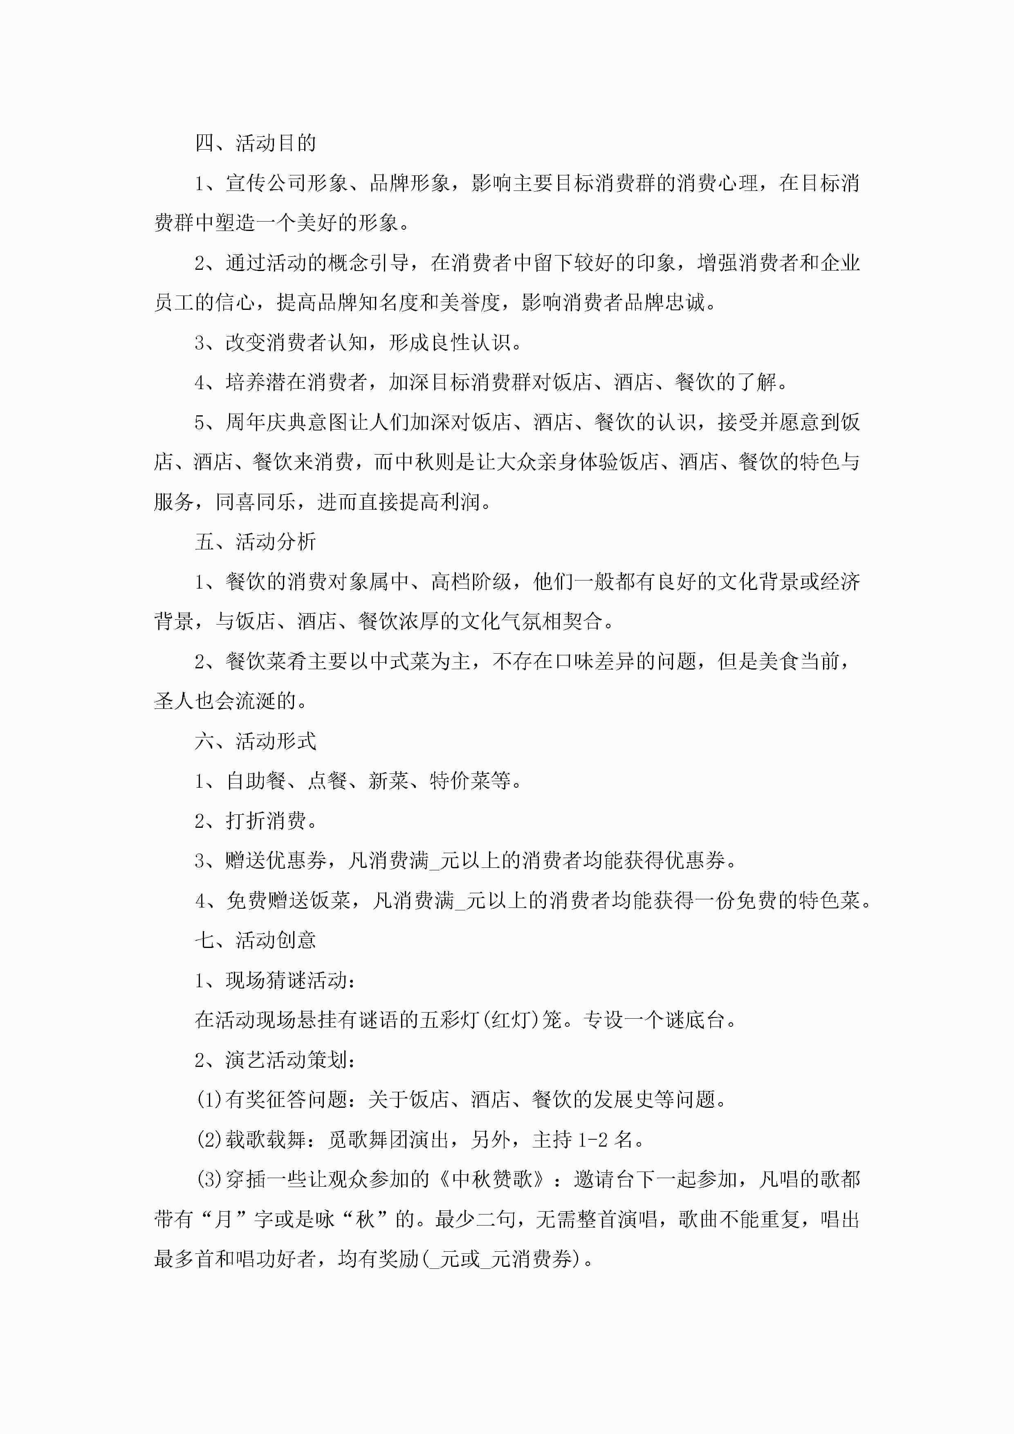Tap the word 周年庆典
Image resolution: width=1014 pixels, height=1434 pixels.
pos(266,422)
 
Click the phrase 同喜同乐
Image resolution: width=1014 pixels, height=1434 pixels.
pos(256,502)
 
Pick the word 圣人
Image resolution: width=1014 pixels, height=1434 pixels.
pos(174,701)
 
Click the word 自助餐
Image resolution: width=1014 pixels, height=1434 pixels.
pos(256,781)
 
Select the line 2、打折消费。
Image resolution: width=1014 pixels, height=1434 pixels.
pos(256,821)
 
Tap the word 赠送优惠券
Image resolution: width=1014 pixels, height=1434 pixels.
pos(276,860)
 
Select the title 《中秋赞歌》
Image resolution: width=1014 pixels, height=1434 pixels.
pos(493,1179)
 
